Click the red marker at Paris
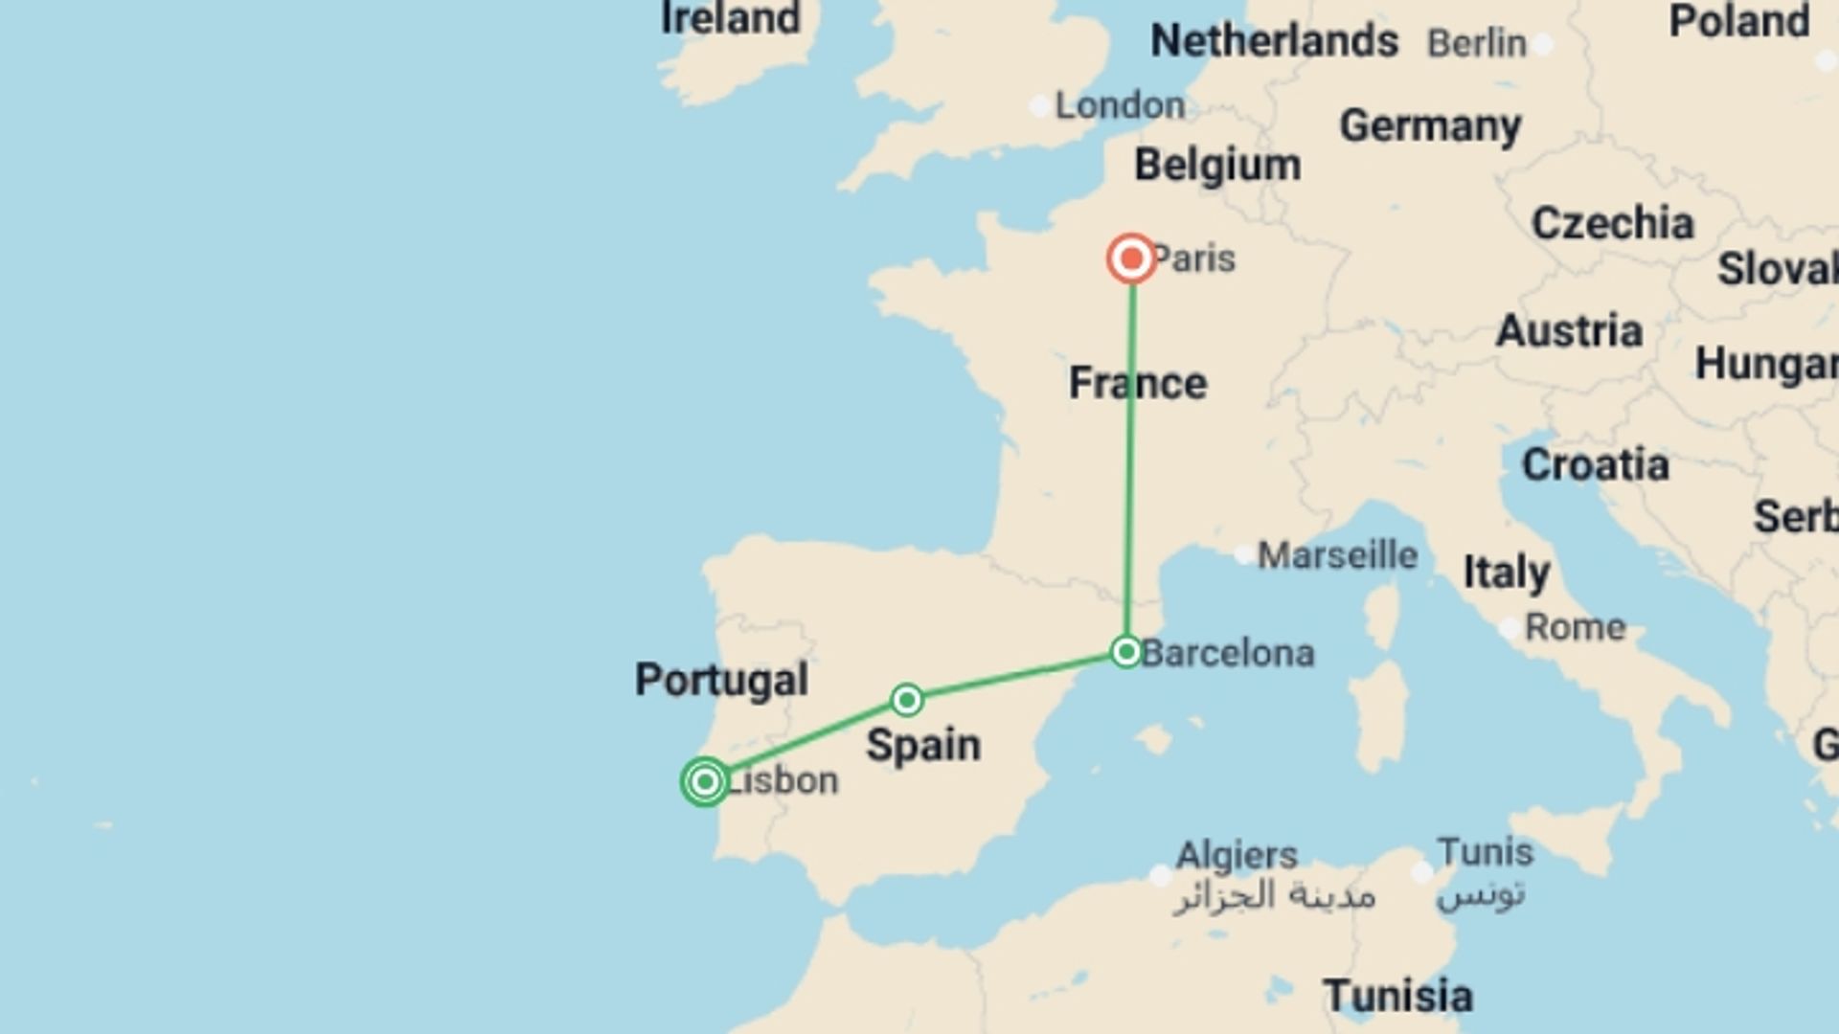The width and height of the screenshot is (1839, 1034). (1131, 258)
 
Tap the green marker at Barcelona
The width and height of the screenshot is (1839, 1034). (1126, 652)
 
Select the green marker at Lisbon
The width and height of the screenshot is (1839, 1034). (705, 781)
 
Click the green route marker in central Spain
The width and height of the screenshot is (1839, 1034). (906, 700)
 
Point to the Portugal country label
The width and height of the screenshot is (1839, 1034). (721, 680)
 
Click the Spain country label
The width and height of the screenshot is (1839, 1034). (923, 745)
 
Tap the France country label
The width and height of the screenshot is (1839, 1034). (1138, 383)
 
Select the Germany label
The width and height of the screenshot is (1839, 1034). (1430, 125)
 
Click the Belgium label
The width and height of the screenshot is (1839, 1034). (1217, 165)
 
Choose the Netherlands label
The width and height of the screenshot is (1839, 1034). (1274, 41)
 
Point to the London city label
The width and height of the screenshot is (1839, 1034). (1120, 105)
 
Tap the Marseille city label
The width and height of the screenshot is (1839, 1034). (1337, 554)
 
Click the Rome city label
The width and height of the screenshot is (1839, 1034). (1575, 627)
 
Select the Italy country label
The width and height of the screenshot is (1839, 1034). (1507, 573)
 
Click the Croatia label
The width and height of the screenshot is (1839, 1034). (1595, 465)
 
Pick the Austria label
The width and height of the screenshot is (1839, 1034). (1569, 331)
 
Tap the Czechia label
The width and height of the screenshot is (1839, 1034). (1612, 223)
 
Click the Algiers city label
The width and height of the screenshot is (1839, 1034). (1236, 854)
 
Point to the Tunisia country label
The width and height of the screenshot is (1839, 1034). (1397, 996)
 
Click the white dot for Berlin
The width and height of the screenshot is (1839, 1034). (1542, 44)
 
